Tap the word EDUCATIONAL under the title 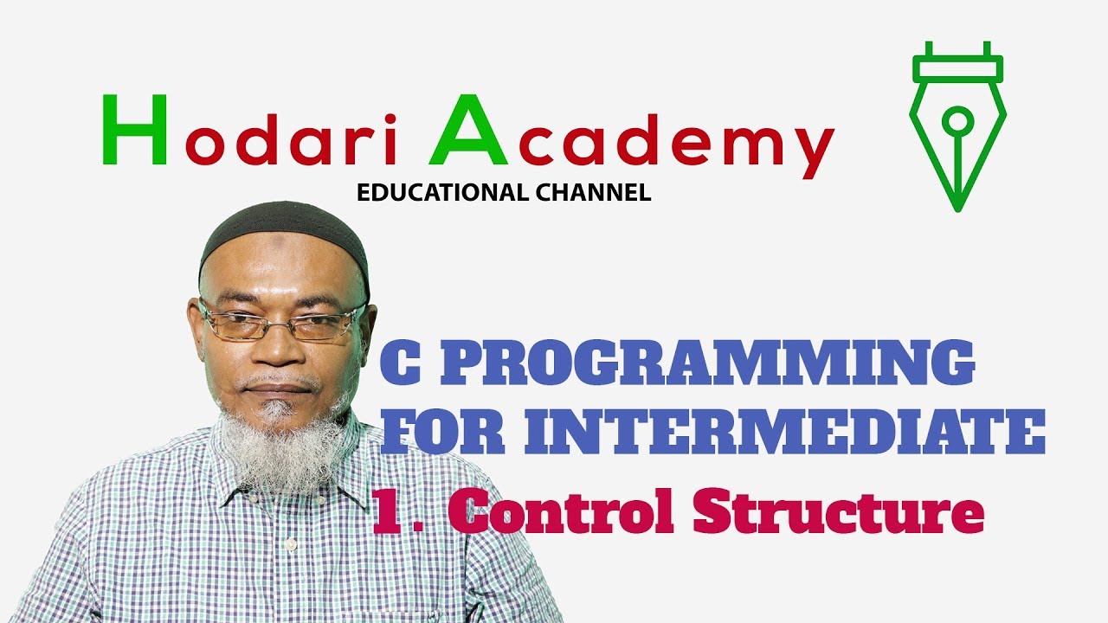[437, 193]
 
